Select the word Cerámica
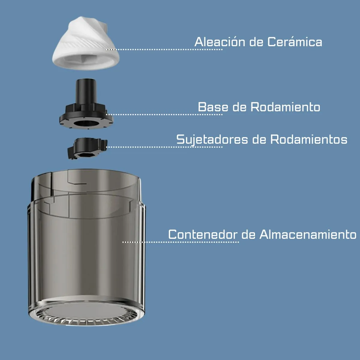[295, 42]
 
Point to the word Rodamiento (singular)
[285, 107]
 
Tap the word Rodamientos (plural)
[309, 139]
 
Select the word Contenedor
[203, 234]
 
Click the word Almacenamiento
[308, 234]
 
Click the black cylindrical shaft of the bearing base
[86, 91]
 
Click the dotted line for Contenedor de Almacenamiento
[180, 242]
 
